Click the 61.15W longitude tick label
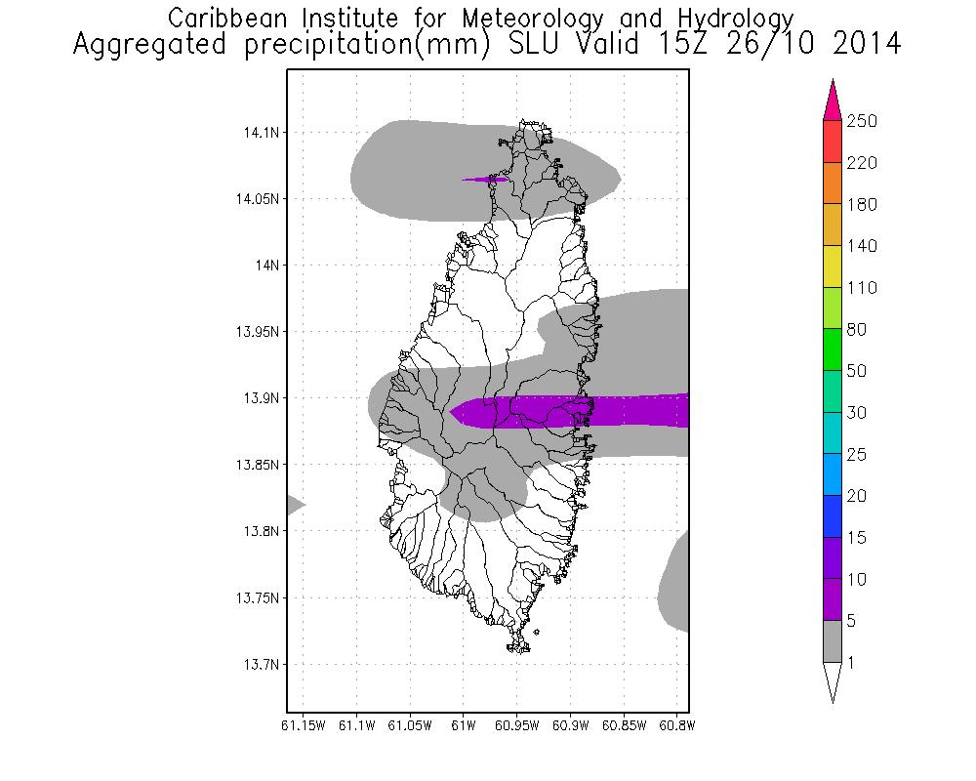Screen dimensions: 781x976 pyautogui.click(x=303, y=725)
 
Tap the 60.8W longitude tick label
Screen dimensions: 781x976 pyautogui.click(x=676, y=725)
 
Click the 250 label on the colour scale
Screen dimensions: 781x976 pyautogui.click(x=863, y=121)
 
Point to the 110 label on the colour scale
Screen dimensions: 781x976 pyautogui.click(x=863, y=288)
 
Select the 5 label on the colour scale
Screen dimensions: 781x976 pyautogui.click(x=856, y=621)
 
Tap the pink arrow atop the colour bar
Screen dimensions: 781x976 pyautogui.click(x=833, y=100)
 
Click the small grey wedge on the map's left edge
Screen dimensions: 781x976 pyautogui.click(x=294, y=505)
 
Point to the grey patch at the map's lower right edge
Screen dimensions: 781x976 pyautogui.click(x=675, y=584)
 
